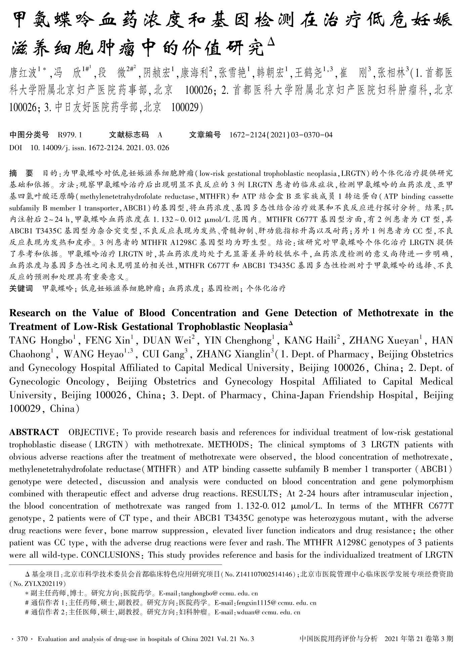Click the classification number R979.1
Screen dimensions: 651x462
70,135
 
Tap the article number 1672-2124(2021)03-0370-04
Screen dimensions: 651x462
281,135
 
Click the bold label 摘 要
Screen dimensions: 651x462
21,173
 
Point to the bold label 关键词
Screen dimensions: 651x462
21,288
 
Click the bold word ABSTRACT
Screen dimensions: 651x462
34,432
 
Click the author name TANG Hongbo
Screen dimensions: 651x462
41,341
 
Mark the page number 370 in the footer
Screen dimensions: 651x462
22,639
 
